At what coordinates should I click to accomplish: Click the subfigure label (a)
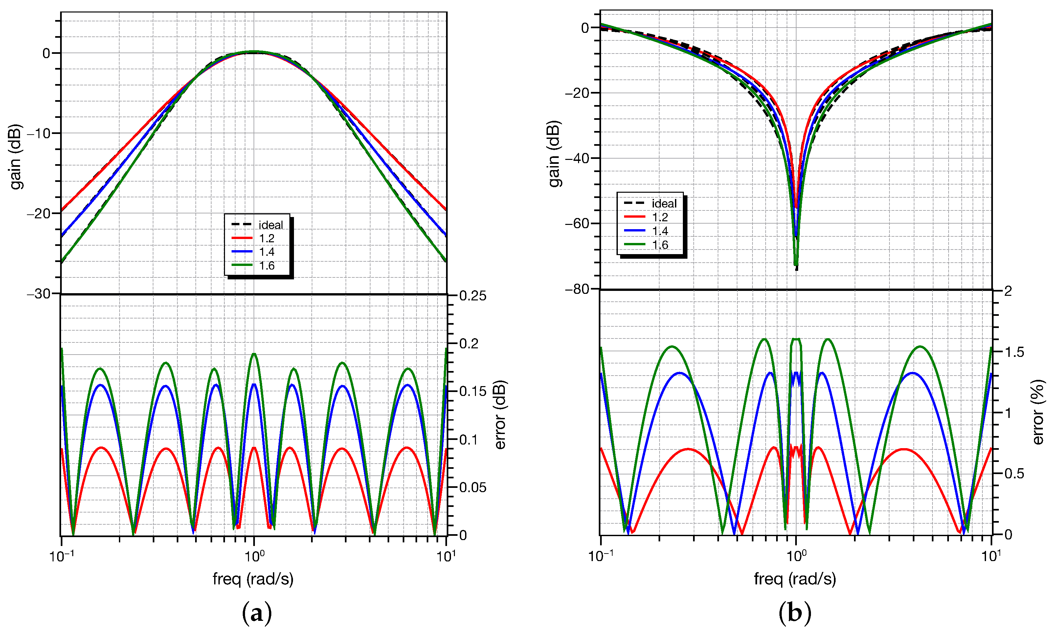(257, 613)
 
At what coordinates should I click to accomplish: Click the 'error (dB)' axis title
(500, 414)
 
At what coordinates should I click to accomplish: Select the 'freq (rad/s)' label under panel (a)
(253, 579)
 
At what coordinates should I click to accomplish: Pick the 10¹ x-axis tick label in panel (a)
(446, 556)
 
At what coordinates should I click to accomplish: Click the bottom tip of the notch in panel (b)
(796, 269)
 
